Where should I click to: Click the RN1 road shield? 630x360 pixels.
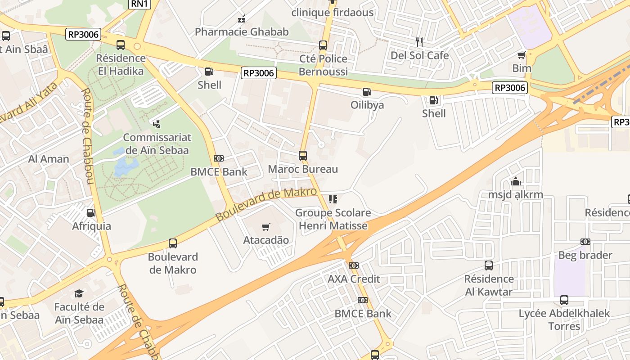click(x=139, y=4)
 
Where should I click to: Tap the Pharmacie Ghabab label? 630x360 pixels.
click(x=242, y=31)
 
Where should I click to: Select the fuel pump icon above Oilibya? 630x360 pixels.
click(x=367, y=92)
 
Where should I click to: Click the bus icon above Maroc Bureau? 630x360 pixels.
click(x=303, y=156)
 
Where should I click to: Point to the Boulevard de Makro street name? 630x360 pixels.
click(x=266, y=204)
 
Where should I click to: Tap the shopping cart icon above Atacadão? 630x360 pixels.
click(x=266, y=227)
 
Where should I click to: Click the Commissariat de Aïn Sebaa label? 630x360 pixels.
click(x=157, y=144)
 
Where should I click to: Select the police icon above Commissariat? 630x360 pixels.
click(x=157, y=124)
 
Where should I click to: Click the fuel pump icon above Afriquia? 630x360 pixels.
click(x=91, y=213)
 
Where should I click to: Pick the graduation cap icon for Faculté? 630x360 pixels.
click(x=79, y=294)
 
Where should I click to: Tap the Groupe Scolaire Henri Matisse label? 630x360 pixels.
click(x=333, y=219)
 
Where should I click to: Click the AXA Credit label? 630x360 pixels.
click(x=354, y=279)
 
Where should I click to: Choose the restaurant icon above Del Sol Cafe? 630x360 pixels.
click(x=419, y=42)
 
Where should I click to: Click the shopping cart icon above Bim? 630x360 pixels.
click(x=522, y=55)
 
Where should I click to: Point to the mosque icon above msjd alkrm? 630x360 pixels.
click(x=516, y=182)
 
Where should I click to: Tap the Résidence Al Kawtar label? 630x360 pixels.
click(x=488, y=285)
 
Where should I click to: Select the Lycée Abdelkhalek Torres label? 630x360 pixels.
click(x=564, y=319)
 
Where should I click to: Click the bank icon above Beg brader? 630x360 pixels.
click(x=585, y=242)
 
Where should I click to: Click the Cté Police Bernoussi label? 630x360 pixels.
click(x=323, y=65)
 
